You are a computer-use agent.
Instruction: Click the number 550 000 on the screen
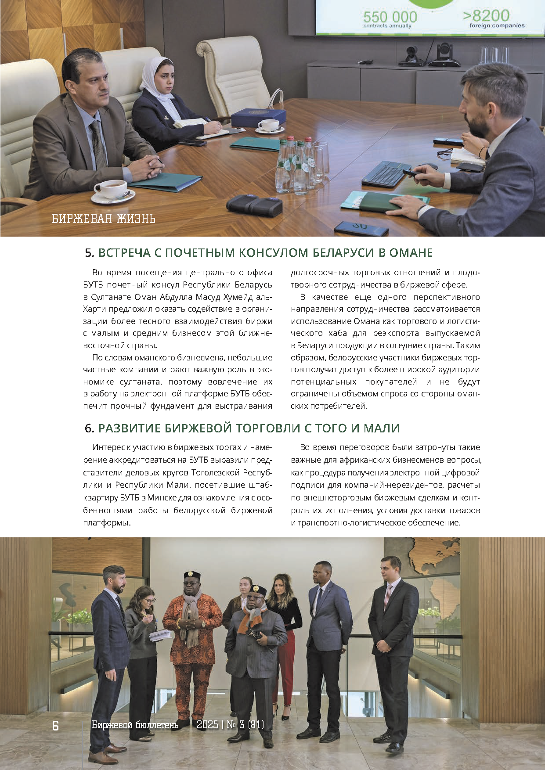click(x=390, y=17)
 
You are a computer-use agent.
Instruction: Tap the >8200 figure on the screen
click(x=486, y=15)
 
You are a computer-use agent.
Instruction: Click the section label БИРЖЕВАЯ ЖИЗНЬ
click(x=104, y=218)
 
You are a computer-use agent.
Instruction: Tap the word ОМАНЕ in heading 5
click(x=411, y=253)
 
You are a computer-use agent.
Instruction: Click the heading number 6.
click(x=89, y=428)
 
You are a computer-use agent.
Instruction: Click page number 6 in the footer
click(x=55, y=726)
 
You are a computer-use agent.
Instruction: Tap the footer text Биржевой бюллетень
click(x=135, y=725)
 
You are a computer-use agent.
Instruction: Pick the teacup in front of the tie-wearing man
click(x=110, y=189)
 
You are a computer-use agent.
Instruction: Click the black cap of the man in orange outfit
click(x=192, y=576)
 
